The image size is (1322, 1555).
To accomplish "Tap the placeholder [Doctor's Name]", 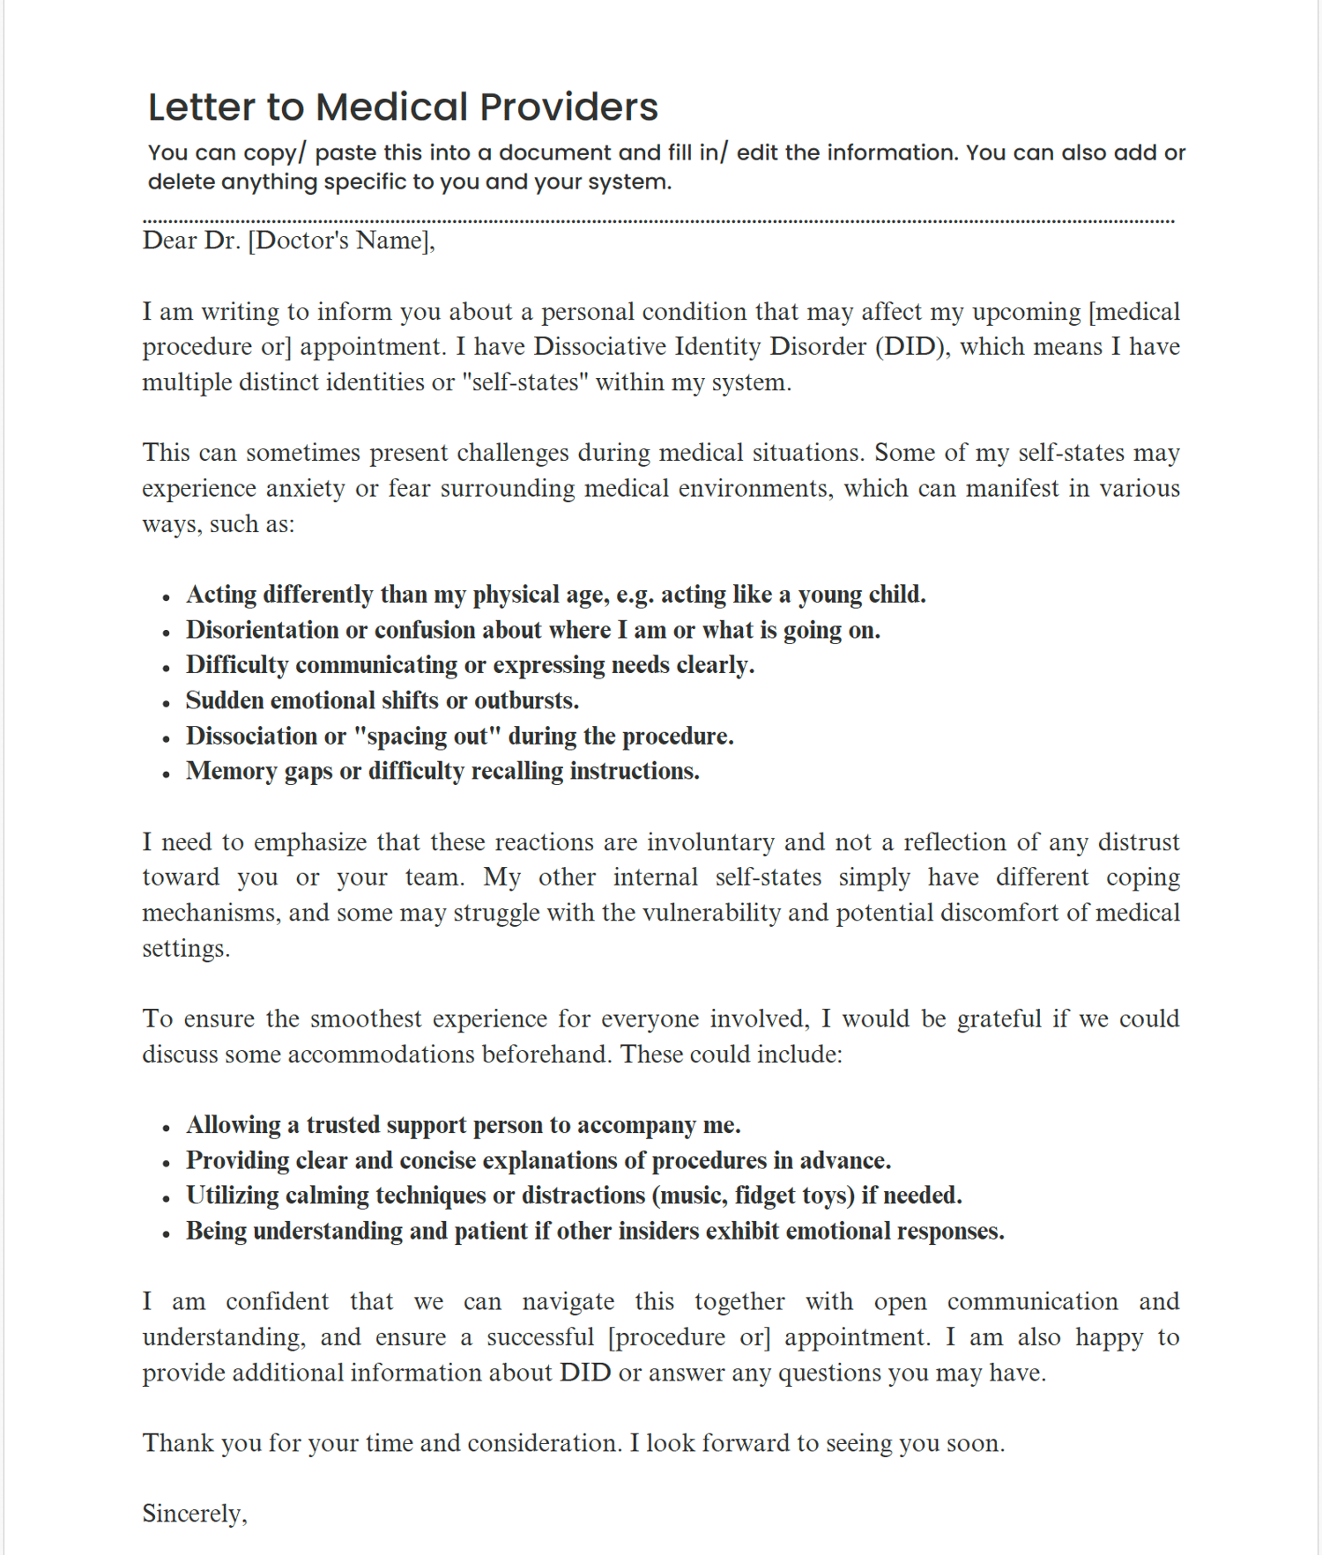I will pyautogui.click(x=341, y=241).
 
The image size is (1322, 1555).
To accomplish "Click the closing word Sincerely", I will pyautogui.click(x=193, y=1514).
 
